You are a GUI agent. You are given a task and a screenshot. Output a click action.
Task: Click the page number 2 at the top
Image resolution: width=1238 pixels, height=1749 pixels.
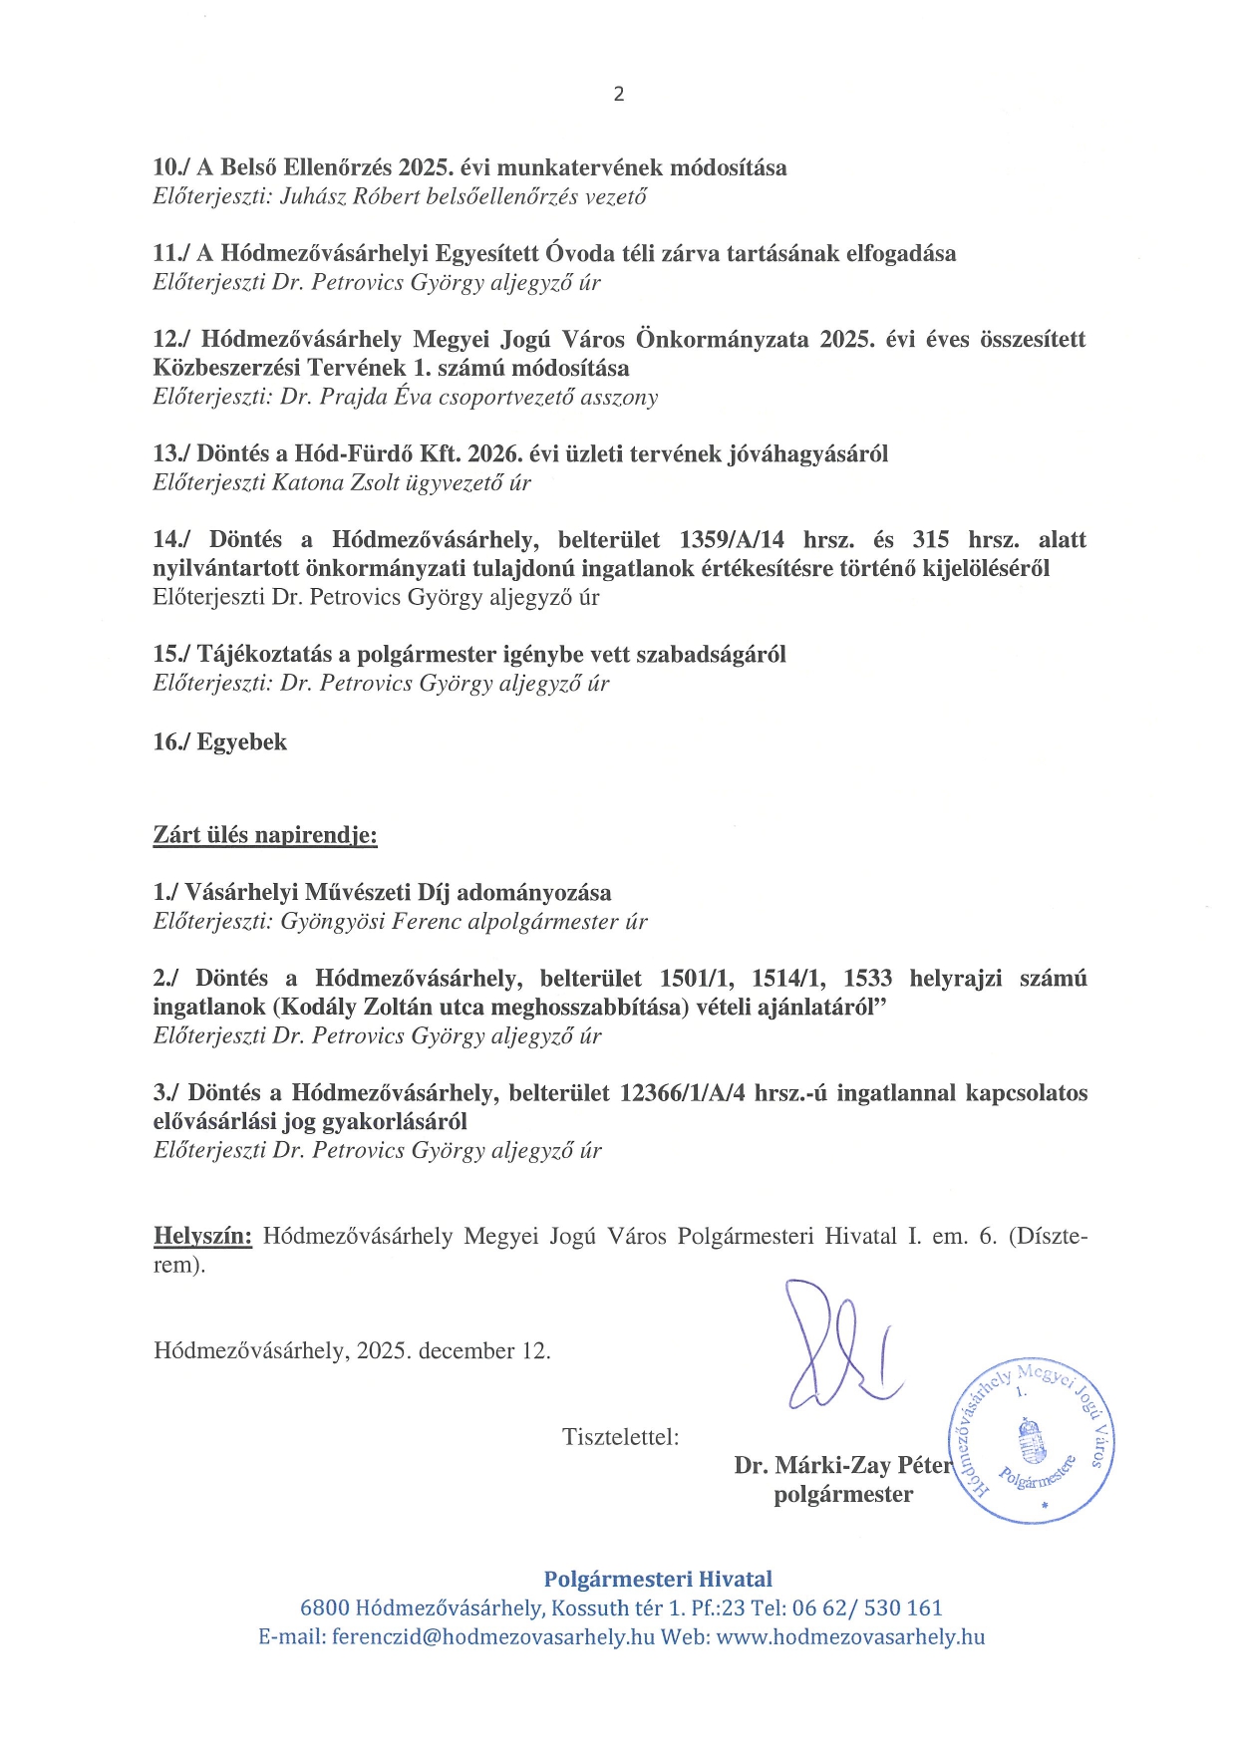click(619, 95)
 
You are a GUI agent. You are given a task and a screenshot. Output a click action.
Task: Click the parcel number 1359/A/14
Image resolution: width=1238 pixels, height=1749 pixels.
click(732, 540)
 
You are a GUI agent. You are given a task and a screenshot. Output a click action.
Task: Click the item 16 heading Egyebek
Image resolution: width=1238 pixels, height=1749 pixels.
click(242, 742)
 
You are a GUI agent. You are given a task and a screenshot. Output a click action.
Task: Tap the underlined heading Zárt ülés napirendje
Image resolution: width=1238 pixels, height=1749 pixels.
click(265, 835)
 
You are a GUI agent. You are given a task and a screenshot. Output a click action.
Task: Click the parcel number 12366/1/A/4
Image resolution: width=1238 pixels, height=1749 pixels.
click(682, 1093)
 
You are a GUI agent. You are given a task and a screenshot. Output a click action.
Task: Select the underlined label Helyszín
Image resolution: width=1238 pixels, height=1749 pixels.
click(202, 1237)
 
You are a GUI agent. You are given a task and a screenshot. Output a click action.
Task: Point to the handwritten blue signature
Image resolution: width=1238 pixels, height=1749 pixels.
click(837, 1345)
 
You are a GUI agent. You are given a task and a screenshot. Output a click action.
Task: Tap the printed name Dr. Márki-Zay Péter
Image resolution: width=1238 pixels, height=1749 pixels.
click(843, 1466)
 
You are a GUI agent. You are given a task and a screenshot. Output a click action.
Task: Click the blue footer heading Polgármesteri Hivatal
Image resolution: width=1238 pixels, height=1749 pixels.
click(658, 1580)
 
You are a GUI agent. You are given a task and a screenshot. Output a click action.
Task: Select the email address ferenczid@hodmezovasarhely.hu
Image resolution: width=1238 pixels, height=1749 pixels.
click(493, 1637)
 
